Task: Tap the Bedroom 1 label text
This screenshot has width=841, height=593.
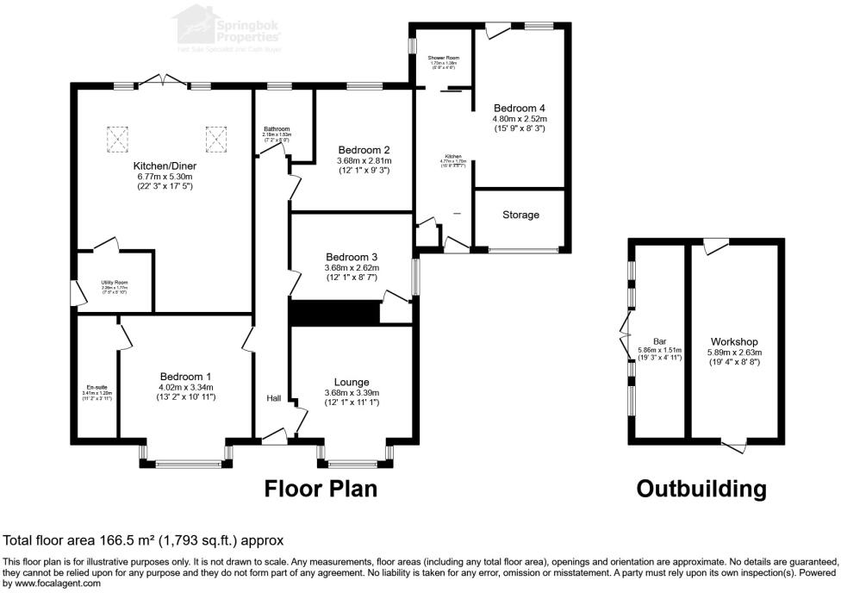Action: pyautogui.click(x=185, y=377)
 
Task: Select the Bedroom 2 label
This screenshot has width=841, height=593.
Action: pyautogui.click(x=363, y=149)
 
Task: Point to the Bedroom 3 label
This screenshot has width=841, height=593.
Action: pyautogui.click(x=352, y=257)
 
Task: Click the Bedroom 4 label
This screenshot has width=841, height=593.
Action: pyautogui.click(x=520, y=108)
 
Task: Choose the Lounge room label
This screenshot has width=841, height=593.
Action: pyautogui.click(x=352, y=382)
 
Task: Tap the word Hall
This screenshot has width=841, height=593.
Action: pyautogui.click(x=273, y=397)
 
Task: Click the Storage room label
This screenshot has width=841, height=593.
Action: pyautogui.click(x=520, y=215)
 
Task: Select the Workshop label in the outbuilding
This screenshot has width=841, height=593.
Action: pyautogui.click(x=734, y=340)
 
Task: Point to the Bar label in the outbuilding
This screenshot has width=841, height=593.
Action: pyautogui.click(x=659, y=340)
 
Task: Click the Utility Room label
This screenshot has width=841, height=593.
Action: pyautogui.click(x=115, y=282)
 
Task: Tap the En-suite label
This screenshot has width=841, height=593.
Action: pyautogui.click(x=91, y=387)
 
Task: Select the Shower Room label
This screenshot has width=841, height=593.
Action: pyautogui.click(x=445, y=58)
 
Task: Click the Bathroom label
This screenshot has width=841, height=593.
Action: pyautogui.click(x=277, y=129)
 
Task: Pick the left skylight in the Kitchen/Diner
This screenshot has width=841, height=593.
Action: pyautogui.click(x=117, y=136)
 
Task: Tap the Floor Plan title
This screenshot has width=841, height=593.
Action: pyautogui.click(x=321, y=489)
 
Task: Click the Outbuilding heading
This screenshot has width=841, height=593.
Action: pyautogui.click(x=701, y=489)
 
